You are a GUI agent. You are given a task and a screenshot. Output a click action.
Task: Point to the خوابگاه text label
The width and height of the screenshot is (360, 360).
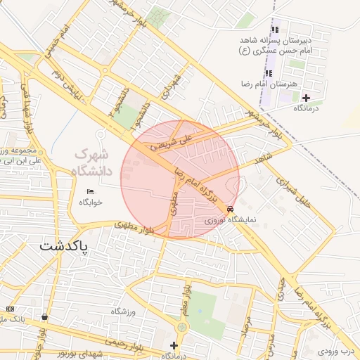(91, 202)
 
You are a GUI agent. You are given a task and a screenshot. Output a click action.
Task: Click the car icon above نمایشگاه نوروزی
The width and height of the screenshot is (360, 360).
(231, 210)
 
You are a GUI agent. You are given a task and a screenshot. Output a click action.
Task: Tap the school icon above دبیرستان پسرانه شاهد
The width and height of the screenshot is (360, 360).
(275, 30)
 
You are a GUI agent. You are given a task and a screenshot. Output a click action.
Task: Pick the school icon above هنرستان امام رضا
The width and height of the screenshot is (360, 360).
(268, 73)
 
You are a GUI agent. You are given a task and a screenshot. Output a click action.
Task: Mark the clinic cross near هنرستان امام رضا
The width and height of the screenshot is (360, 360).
(305, 97)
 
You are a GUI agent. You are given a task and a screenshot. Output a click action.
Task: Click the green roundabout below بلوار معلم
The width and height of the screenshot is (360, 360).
(183, 327)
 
